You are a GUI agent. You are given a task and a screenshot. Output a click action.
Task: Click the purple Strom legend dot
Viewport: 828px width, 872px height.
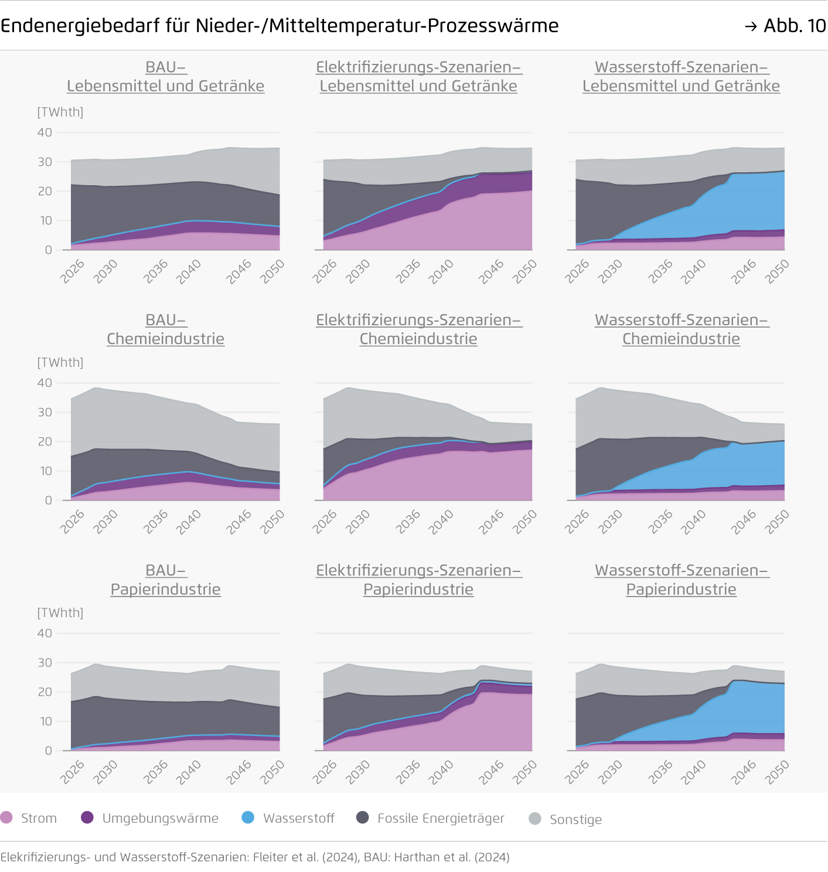6,817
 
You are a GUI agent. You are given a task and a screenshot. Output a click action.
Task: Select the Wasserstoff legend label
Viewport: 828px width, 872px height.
298,818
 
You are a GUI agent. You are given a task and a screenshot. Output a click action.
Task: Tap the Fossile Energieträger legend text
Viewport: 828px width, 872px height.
441,818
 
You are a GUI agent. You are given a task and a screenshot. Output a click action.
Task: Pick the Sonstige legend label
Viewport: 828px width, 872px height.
575,819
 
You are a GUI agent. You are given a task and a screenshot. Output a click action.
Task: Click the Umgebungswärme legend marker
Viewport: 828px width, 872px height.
87,817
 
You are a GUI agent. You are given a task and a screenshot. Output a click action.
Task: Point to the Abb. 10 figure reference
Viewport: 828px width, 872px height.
794,26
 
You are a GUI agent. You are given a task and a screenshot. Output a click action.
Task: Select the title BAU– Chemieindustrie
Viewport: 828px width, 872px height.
166,329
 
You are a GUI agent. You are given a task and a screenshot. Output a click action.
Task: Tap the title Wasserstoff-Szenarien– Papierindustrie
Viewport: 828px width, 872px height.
681,580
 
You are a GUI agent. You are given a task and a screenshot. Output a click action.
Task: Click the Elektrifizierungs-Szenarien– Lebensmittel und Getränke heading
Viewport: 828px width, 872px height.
418,76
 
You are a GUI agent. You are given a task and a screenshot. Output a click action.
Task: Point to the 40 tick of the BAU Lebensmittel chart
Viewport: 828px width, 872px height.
45,132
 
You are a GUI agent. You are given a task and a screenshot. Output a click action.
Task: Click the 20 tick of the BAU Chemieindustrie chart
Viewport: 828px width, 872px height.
45,442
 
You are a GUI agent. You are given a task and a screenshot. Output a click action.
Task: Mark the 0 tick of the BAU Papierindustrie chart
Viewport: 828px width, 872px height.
49,751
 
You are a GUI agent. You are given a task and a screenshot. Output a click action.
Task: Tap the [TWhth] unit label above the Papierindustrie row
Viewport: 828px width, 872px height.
60,613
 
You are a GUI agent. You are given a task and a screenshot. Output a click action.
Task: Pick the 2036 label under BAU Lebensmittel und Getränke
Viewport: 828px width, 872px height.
156,271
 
